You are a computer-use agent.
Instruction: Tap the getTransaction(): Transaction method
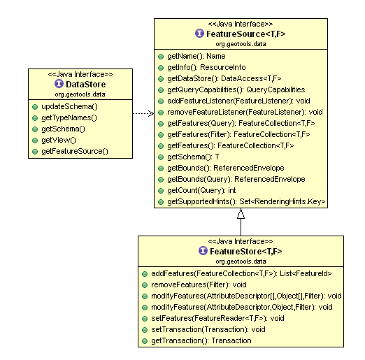pyautogui.click(x=201, y=340)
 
